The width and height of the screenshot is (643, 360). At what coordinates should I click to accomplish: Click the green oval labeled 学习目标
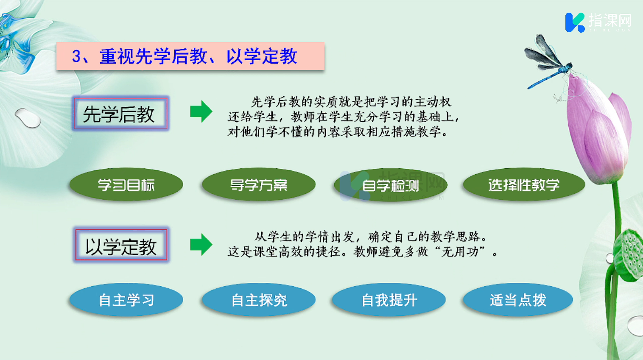pyautogui.click(x=126, y=184)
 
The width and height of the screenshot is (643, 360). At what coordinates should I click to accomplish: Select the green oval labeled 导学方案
pyautogui.click(x=259, y=184)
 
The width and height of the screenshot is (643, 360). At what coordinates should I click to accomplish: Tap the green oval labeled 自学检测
pyautogui.click(x=391, y=185)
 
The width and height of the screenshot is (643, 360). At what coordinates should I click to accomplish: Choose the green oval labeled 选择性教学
pyautogui.click(x=524, y=184)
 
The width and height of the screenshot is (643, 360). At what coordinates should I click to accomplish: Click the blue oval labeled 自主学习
pyautogui.click(x=126, y=300)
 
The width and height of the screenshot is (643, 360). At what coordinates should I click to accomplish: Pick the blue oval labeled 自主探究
pyautogui.click(x=259, y=300)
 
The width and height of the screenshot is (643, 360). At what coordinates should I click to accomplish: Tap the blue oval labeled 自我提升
pyautogui.click(x=389, y=300)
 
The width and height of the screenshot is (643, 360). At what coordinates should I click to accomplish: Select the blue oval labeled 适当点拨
pyautogui.click(x=518, y=300)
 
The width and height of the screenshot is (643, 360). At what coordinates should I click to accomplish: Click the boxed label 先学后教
pyautogui.click(x=120, y=113)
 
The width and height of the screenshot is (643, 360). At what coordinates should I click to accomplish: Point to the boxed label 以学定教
pyautogui.click(x=121, y=245)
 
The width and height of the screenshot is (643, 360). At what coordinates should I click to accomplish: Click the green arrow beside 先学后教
pyautogui.click(x=201, y=112)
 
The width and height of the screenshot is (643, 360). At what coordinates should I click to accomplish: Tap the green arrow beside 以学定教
pyautogui.click(x=201, y=245)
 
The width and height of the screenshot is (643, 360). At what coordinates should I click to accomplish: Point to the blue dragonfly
pyautogui.click(x=547, y=62)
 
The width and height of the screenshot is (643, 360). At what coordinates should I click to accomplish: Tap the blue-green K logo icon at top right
pyautogui.click(x=575, y=22)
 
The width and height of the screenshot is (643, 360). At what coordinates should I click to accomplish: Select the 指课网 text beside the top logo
pyautogui.click(x=609, y=20)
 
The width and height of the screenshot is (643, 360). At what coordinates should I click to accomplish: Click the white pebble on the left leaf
pyautogui.click(x=28, y=118)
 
